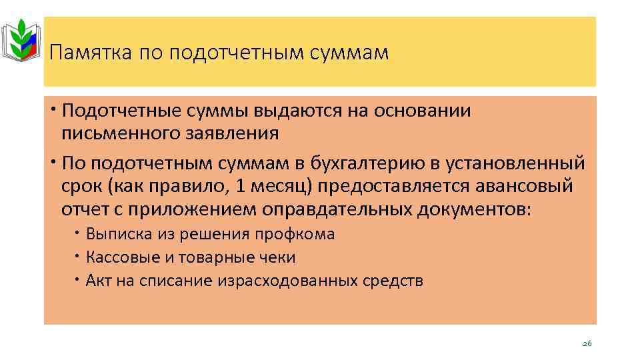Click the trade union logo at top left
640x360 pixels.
click(22, 41)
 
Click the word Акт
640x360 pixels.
click(97, 281)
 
